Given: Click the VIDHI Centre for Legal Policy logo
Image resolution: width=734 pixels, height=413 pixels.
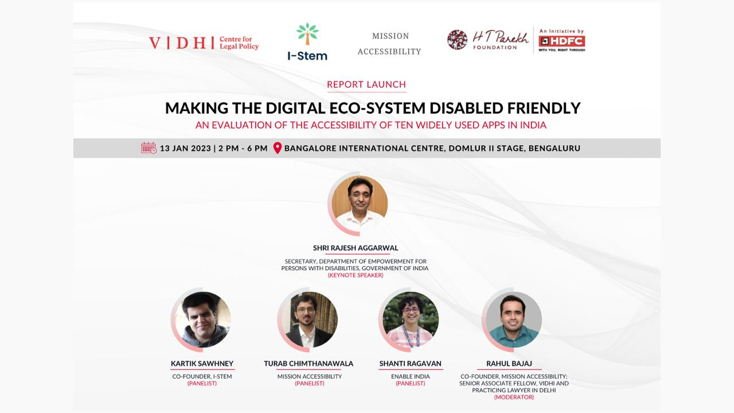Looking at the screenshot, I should tap(204, 43).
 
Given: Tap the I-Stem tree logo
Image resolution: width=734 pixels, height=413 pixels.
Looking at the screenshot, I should tap(307, 35).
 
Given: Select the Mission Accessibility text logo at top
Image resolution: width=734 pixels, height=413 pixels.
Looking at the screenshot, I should tap(389, 44).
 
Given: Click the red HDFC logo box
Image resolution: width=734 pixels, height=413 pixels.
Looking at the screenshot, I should tap(561, 41).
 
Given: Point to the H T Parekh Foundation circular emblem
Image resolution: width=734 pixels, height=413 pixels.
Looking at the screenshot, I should tap(457, 40).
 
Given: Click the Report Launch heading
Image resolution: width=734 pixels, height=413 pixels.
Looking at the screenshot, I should tap(366, 84).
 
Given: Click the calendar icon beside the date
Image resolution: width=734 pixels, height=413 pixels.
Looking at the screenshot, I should tap(149, 148).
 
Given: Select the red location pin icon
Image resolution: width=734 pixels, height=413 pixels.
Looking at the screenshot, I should tap(278, 148).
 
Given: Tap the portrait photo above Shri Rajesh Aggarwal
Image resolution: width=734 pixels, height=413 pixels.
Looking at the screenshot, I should tap(360, 202).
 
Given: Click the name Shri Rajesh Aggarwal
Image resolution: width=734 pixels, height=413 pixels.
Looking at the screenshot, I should tap(356, 248).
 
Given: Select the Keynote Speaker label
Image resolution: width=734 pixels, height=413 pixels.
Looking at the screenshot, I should tap(356, 275).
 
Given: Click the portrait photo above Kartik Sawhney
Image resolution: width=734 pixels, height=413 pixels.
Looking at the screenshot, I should tap(202, 320).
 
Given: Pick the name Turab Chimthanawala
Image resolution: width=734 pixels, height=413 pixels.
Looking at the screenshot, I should tap(309, 364).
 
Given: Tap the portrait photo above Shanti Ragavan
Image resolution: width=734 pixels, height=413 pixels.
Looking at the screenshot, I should tap(410, 320).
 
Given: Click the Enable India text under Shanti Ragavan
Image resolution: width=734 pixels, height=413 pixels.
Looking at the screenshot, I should tap(410, 376).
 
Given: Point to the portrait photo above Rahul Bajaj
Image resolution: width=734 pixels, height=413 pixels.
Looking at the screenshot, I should tap(513, 320).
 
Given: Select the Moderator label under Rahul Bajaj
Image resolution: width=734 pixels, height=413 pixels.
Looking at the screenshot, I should tap(514, 397).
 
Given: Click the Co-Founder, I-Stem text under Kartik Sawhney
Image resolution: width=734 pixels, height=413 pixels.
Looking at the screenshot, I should tap(202, 376).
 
